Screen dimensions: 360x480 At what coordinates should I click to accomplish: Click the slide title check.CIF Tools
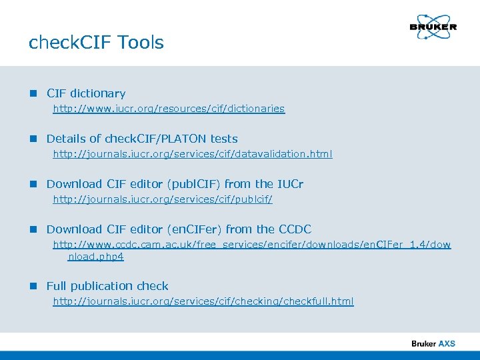click(x=96, y=43)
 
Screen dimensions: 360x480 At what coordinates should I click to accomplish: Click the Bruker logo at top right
click(x=433, y=27)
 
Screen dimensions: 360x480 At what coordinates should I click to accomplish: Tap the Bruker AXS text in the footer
click(x=433, y=343)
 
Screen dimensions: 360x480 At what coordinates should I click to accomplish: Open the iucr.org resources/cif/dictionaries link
click(x=169, y=109)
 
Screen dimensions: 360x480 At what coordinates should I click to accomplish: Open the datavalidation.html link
click(x=193, y=154)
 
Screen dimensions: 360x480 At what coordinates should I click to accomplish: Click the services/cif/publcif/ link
click(x=163, y=199)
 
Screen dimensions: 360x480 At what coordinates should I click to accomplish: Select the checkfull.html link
click(x=203, y=301)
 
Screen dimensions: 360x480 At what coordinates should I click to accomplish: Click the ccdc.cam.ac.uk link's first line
click(x=252, y=245)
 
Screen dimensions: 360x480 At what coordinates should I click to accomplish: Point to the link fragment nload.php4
click(x=96, y=256)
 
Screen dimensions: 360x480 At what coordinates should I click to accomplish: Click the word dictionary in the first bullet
click(x=97, y=94)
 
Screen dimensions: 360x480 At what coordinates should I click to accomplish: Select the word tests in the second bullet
click(x=223, y=139)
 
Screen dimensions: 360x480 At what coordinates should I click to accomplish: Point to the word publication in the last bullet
click(x=102, y=286)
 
